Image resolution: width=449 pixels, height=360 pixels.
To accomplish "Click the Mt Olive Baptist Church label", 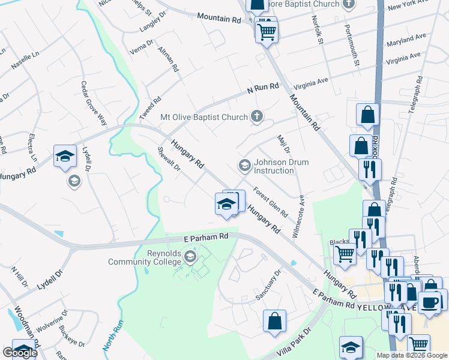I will [204, 117].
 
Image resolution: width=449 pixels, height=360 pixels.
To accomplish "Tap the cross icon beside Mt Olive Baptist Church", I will [257, 116].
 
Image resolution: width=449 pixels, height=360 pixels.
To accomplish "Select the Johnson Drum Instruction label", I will [274, 166].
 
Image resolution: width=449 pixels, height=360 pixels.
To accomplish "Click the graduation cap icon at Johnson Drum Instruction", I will [244, 164].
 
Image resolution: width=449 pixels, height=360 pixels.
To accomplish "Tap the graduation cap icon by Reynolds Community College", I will [190, 258].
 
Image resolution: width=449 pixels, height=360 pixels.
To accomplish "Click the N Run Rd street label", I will [264, 88].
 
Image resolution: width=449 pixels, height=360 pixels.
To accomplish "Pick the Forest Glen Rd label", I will [271, 203].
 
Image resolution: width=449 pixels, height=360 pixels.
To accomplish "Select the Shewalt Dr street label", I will [169, 159].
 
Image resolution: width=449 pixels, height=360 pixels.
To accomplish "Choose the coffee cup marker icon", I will [430, 302].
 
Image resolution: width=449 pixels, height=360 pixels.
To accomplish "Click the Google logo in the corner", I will [20, 353].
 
